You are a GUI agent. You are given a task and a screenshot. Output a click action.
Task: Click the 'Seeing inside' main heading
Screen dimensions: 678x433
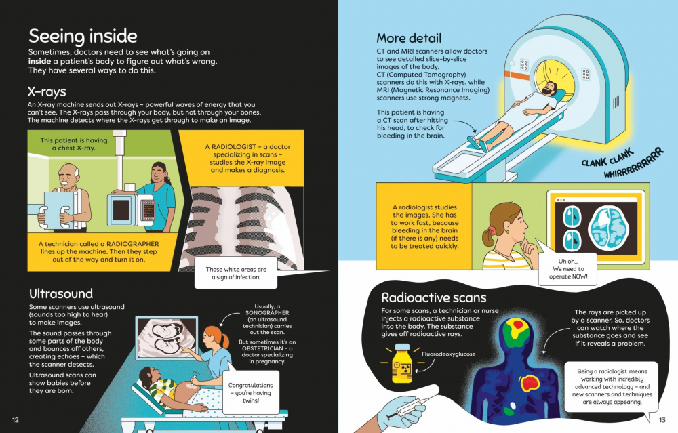coord(83,37)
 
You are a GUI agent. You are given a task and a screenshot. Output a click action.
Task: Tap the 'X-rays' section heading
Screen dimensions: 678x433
coord(47,91)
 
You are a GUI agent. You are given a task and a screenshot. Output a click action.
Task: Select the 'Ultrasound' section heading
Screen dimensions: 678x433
coord(61,294)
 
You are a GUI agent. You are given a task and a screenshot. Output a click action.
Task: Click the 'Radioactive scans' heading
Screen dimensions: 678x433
coord(434,297)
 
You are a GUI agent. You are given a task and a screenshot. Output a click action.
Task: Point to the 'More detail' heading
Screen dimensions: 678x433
coord(409,38)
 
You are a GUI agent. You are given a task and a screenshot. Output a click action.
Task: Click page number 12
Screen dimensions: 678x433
coord(16,420)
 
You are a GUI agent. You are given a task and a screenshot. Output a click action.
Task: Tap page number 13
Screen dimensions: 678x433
coord(662,420)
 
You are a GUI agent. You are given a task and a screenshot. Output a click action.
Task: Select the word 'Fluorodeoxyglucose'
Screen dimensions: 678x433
coord(448,354)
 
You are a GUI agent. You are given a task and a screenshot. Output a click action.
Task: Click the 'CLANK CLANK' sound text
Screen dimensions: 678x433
coord(607,158)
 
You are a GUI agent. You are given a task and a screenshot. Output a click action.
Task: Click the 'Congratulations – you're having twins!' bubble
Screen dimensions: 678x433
coord(250,392)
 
